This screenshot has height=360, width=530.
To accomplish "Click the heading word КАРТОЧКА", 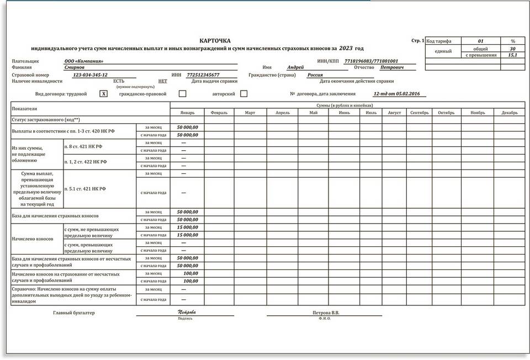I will coord(215,41).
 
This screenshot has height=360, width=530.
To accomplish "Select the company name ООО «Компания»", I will coord(84,61).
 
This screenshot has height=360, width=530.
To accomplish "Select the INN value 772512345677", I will coord(203,75).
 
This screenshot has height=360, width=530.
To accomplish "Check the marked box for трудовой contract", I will coord(103,94).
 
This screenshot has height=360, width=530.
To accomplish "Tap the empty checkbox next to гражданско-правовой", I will coord(182,94).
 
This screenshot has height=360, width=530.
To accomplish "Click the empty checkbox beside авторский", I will coord(243,94).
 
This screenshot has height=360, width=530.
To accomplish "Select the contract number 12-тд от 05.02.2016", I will coord(396,94).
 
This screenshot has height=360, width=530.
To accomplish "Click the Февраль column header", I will coord(219,113).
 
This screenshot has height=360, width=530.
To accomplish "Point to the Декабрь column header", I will coord(510,113).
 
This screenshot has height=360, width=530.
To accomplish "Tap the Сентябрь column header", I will coord(420,113).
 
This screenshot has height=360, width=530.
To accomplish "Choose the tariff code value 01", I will coord(480,41).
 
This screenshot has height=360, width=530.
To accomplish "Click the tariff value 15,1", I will coord(513,55).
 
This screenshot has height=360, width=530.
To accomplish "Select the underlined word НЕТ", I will coord(163,81).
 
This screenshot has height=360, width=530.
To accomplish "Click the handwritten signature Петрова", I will coord(187,313).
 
